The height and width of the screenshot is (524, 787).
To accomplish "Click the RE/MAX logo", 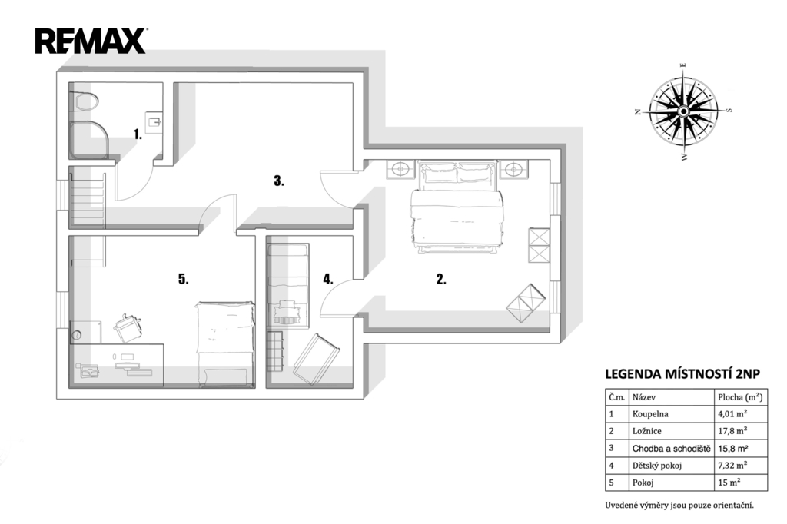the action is click(91, 41).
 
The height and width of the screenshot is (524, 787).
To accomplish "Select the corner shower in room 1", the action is click(88, 140).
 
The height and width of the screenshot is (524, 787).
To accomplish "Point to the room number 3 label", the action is click(278, 181).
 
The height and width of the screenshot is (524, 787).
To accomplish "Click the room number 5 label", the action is click(183, 279).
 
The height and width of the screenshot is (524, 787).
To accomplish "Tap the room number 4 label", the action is click(327, 280).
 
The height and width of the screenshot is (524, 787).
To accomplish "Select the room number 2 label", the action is click(441, 280).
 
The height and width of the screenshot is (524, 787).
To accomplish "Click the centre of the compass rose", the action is click(683, 111).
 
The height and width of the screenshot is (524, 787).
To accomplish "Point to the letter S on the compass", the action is click(729, 110).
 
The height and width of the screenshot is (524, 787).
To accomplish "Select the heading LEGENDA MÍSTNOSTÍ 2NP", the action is click(682, 374).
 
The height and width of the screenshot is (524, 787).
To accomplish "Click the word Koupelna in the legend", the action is click(650, 414).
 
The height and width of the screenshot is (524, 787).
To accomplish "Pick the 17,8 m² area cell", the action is click(732, 430).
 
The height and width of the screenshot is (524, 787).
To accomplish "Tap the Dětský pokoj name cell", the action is click(657, 466).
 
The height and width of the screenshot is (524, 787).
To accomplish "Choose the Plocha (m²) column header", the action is click(740, 397).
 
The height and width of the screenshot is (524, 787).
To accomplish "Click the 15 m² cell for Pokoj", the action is click(729, 483).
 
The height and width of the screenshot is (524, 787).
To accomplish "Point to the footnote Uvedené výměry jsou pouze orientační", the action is click(679, 505).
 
